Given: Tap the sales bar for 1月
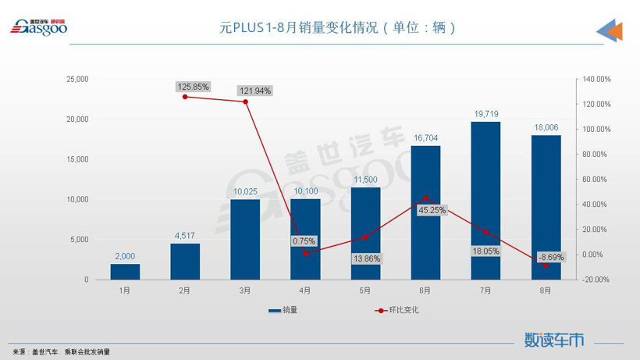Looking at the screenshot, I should coord(125,272).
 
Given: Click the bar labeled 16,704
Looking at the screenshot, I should coord(426,212).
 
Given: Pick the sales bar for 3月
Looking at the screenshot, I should coord(245,239).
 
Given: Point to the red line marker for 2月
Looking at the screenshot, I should coord(185,97).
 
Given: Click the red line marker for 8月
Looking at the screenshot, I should coord(546,266).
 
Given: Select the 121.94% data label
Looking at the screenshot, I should coord(254,91).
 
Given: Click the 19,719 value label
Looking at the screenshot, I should coord(486,114).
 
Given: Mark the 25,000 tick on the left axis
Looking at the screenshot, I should coord(77,79).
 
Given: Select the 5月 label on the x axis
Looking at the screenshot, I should coord(365,290).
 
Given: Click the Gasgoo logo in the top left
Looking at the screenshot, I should coord(38,27).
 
